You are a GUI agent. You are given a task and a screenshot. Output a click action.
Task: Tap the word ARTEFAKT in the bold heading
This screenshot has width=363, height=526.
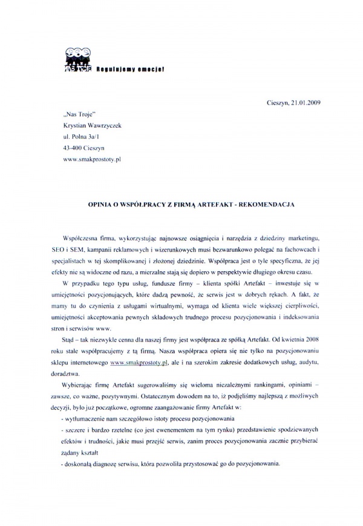pos(210,205)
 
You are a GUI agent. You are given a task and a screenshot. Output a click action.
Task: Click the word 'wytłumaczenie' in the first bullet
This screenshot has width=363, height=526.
pos(83,418)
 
